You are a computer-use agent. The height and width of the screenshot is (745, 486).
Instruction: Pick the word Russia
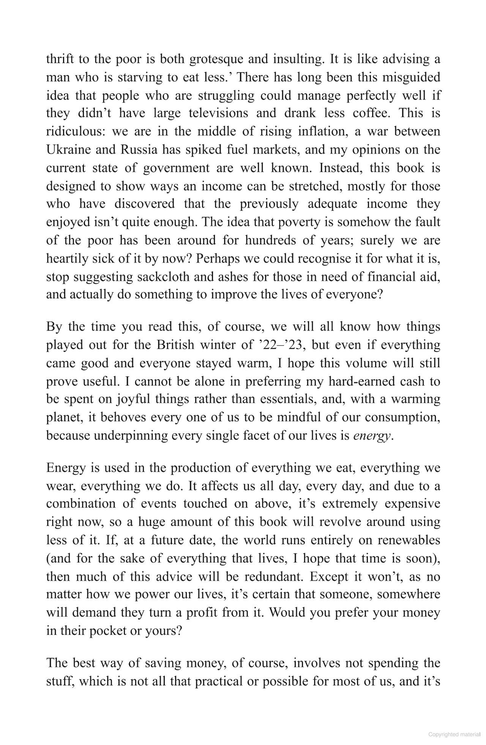coord(139,150)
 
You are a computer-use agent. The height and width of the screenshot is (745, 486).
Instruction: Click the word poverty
coord(300,222)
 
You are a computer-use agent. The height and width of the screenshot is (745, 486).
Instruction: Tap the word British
coord(175,345)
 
